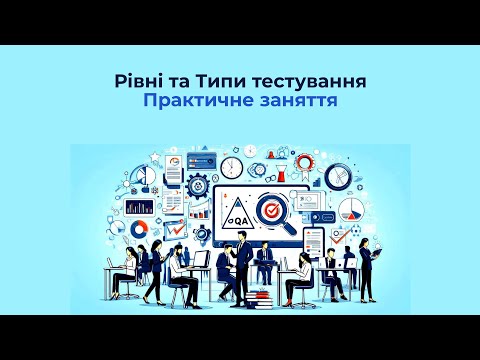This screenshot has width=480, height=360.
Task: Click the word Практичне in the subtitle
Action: click(x=198, y=101)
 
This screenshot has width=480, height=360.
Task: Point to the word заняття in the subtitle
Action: click(x=294, y=101)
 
